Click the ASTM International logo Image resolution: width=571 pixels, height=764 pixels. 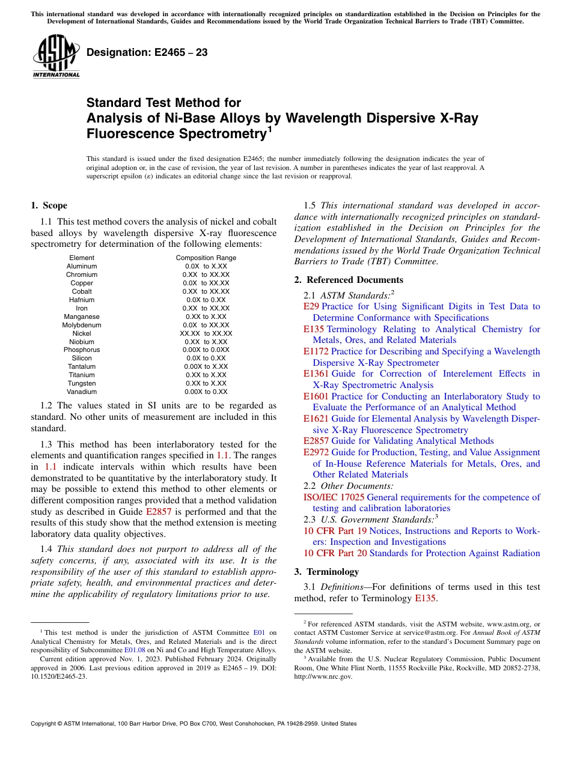click(x=56, y=56)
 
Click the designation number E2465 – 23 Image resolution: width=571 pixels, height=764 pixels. click(x=147, y=53)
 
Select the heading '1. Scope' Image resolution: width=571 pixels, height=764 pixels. click(x=49, y=205)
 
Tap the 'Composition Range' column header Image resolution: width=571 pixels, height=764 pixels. click(x=206, y=258)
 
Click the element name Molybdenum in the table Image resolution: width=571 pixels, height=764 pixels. click(x=82, y=325)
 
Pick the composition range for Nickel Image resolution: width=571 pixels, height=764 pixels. click(x=206, y=333)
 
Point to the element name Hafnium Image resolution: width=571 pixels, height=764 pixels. click(x=82, y=300)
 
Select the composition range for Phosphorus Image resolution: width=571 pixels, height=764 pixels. click(x=206, y=350)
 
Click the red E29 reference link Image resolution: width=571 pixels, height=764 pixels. click(x=311, y=306)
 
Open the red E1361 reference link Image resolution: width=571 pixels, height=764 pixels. click(x=316, y=374)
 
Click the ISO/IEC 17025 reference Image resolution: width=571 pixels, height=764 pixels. click(x=334, y=497)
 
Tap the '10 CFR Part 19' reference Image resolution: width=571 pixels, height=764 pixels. click(x=335, y=531)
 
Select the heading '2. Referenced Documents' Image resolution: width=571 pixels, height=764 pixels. click(x=349, y=280)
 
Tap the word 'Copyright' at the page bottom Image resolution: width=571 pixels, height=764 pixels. click(x=46, y=724)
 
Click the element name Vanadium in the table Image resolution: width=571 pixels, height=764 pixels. click(x=82, y=392)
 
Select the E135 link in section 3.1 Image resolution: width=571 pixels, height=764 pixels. click(x=426, y=598)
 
